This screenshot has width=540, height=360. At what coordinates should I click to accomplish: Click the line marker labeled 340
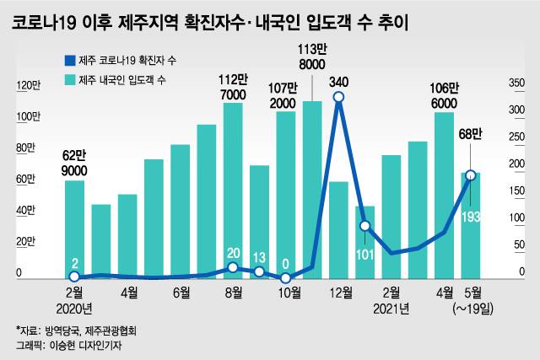(x=338, y=98)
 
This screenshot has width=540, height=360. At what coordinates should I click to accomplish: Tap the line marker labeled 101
(x=364, y=226)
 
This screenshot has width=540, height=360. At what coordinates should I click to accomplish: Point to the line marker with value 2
(x=74, y=277)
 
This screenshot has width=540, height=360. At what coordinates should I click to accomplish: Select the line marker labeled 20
(x=234, y=267)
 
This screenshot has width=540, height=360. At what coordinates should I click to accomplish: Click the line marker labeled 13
(x=260, y=271)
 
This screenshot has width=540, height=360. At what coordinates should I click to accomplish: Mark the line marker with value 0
(x=286, y=277)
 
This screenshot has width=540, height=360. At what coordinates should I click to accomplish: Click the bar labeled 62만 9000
(x=74, y=228)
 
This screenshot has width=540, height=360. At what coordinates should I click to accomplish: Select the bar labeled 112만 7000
(x=234, y=190)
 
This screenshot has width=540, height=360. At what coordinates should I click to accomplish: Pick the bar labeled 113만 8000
(x=312, y=189)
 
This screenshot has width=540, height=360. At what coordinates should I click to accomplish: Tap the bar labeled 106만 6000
(x=444, y=194)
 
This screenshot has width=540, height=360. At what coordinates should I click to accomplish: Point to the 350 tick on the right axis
(x=516, y=83)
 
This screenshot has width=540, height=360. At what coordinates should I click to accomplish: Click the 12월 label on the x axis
(x=339, y=293)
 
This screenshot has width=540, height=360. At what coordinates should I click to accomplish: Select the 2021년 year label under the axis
(x=391, y=309)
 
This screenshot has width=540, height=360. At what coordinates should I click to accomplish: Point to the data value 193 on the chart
(x=472, y=218)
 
